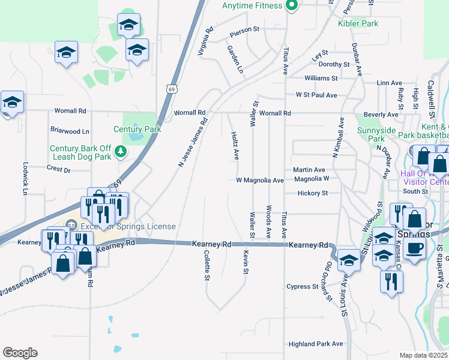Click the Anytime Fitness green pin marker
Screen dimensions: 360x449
[x=292, y=6]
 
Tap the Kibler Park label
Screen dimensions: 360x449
[x=358, y=23]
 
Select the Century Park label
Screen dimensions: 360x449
[x=137, y=129]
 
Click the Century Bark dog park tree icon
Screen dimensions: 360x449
[x=121, y=151]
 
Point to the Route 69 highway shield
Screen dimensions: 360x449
[x=172, y=89]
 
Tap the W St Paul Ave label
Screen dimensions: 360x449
[x=316, y=95]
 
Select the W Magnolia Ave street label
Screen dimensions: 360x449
[x=259, y=180]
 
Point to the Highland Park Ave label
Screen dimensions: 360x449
[x=315, y=344]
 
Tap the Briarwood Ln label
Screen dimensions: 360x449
[x=70, y=131]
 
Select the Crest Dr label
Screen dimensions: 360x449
[x=58, y=170]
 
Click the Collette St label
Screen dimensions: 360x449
[x=206, y=266]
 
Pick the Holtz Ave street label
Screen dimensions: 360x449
[x=235, y=146]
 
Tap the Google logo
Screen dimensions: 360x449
[x=20, y=353]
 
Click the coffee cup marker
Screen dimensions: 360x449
[x=415, y=248]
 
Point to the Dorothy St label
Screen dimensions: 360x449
[x=334, y=64]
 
